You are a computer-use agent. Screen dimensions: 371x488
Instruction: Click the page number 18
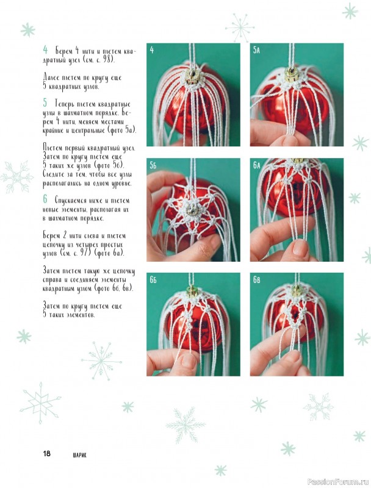(x=47, y=453)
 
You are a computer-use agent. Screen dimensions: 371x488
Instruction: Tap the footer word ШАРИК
(x=80, y=455)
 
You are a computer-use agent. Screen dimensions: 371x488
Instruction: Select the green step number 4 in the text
(x=45, y=49)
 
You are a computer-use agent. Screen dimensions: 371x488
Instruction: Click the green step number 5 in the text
(x=45, y=102)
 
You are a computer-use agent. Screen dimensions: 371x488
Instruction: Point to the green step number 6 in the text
(x=45, y=199)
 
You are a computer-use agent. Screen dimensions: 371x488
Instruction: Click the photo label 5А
(x=256, y=50)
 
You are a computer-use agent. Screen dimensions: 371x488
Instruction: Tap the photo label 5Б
(x=153, y=165)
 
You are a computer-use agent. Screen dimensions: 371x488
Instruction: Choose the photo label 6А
(x=256, y=165)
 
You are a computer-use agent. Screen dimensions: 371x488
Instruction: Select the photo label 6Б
(x=153, y=280)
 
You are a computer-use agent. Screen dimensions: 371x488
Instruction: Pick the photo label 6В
(x=256, y=280)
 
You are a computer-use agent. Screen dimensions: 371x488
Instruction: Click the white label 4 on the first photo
(x=151, y=50)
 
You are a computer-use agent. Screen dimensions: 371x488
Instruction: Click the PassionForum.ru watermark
(x=338, y=482)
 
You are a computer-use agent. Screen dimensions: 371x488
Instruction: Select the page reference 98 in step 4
(x=107, y=59)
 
